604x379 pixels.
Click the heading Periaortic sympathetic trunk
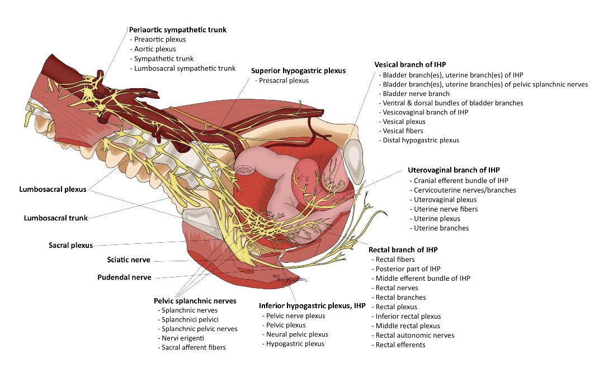[178, 30]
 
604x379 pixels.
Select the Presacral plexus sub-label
[284, 80]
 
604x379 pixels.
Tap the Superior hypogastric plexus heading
[299, 71]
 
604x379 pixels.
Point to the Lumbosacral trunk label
[56, 218]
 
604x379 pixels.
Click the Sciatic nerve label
[129, 260]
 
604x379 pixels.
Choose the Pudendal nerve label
[124, 277]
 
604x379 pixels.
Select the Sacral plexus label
[71, 245]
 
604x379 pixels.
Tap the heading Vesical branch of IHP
[410, 65]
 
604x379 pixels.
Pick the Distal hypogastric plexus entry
[421, 140]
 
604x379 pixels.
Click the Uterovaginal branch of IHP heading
[454, 170]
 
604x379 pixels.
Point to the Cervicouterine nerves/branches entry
[465, 190]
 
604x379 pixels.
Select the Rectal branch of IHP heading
[403, 250]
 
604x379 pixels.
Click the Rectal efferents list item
[400, 345]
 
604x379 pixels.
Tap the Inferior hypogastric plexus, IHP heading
[312, 306]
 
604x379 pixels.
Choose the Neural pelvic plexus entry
[298, 334]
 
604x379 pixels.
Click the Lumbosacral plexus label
[53, 189]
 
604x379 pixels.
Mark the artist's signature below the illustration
[290, 279]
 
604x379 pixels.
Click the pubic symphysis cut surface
[353, 157]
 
